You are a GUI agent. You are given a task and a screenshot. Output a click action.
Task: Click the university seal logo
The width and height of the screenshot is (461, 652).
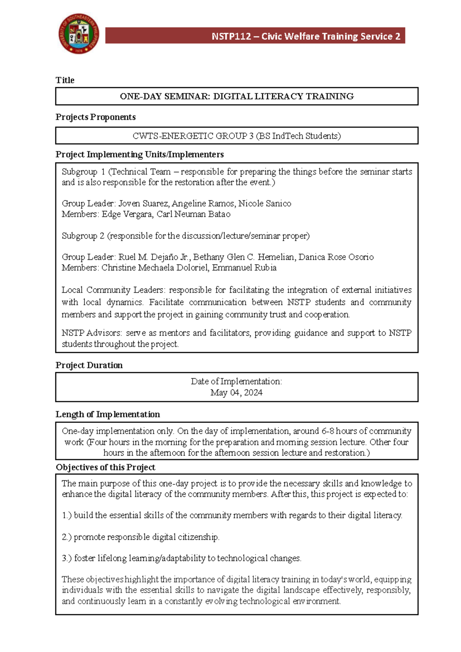click(x=79, y=34)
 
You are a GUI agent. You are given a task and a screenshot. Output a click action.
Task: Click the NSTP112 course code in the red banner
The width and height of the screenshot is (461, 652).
click(x=231, y=37)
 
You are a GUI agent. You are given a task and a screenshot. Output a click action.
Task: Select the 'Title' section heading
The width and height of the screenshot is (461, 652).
click(x=65, y=80)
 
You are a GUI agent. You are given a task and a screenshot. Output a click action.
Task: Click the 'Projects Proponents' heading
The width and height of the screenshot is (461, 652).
click(x=95, y=117)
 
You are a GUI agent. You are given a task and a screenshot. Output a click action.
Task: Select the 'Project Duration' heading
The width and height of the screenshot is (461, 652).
click(x=89, y=365)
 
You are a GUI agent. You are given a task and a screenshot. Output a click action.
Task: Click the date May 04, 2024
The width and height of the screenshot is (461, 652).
click(x=236, y=393)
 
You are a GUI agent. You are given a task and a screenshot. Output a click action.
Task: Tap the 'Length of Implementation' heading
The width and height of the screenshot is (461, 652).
click(x=108, y=414)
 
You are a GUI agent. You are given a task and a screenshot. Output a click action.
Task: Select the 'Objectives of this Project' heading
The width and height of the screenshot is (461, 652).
click(x=105, y=467)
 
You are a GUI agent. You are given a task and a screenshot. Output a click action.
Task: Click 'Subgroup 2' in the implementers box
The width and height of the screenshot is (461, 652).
click(x=83, y=236)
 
